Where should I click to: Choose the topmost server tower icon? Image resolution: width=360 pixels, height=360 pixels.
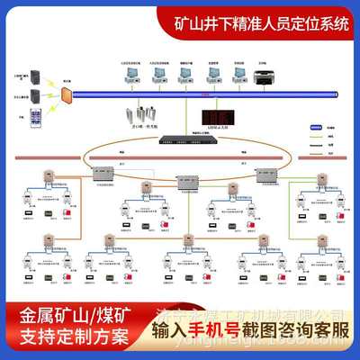click(35, 76)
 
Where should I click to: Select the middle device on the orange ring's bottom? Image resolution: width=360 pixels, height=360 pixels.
click(189, 178)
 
